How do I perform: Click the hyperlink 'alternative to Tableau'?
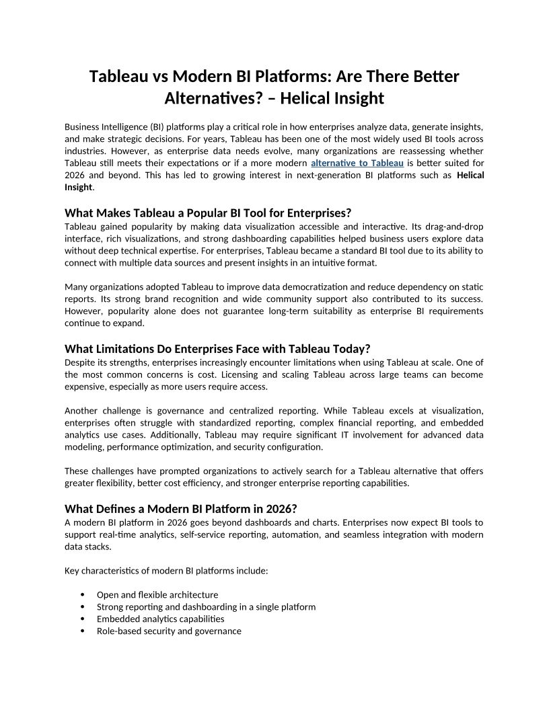point(357,163)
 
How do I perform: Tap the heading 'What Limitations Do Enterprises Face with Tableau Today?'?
point(217,348)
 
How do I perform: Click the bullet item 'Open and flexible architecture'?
point(157,594)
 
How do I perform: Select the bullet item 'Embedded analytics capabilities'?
point(160,619)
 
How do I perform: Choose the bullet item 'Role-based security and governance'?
point(169,631)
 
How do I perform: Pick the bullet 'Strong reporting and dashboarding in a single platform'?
point(206,606)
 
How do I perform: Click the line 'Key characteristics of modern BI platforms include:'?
point(166,571)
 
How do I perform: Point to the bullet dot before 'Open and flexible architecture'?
point(82,594)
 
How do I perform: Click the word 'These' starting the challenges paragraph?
point(76,471)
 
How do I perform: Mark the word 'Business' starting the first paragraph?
point(82,127)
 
